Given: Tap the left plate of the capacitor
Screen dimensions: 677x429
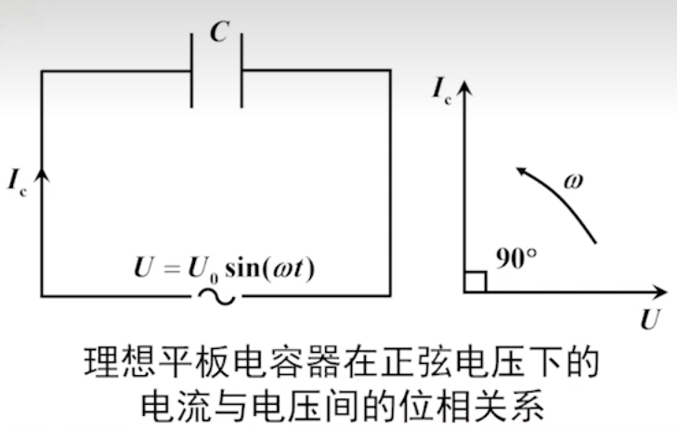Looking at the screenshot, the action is coord(193,70).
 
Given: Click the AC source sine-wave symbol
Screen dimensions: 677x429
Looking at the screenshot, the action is coord(216,296).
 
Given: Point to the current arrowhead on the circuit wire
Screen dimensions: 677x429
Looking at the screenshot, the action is coord(42,169).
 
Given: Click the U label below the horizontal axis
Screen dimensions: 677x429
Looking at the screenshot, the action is coord(649,321).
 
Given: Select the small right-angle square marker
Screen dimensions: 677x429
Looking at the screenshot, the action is coord(475,281).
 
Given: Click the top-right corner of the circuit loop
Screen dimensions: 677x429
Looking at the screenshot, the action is coord(390,70).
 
